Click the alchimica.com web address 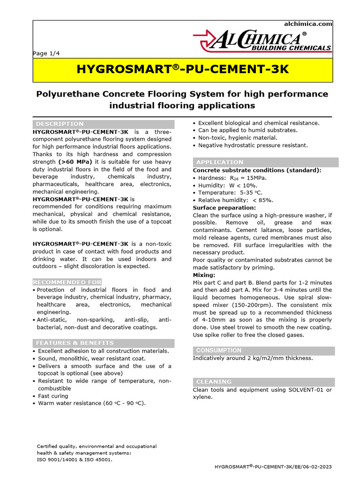[x=308, y=24]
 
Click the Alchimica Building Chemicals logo [x=262, y=42]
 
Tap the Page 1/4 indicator [x=46, y=53]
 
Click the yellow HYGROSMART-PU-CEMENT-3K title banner [x=182, y=70]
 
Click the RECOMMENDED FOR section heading [x=67, y=282]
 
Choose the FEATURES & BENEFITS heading [x=75, y=343]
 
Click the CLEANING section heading [x=214, y=382]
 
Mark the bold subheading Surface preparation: [x=225, y=208]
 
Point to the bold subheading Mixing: [x=204, y=275]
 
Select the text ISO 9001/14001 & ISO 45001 [x=75, y=459]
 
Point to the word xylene [x=202, y=397]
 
